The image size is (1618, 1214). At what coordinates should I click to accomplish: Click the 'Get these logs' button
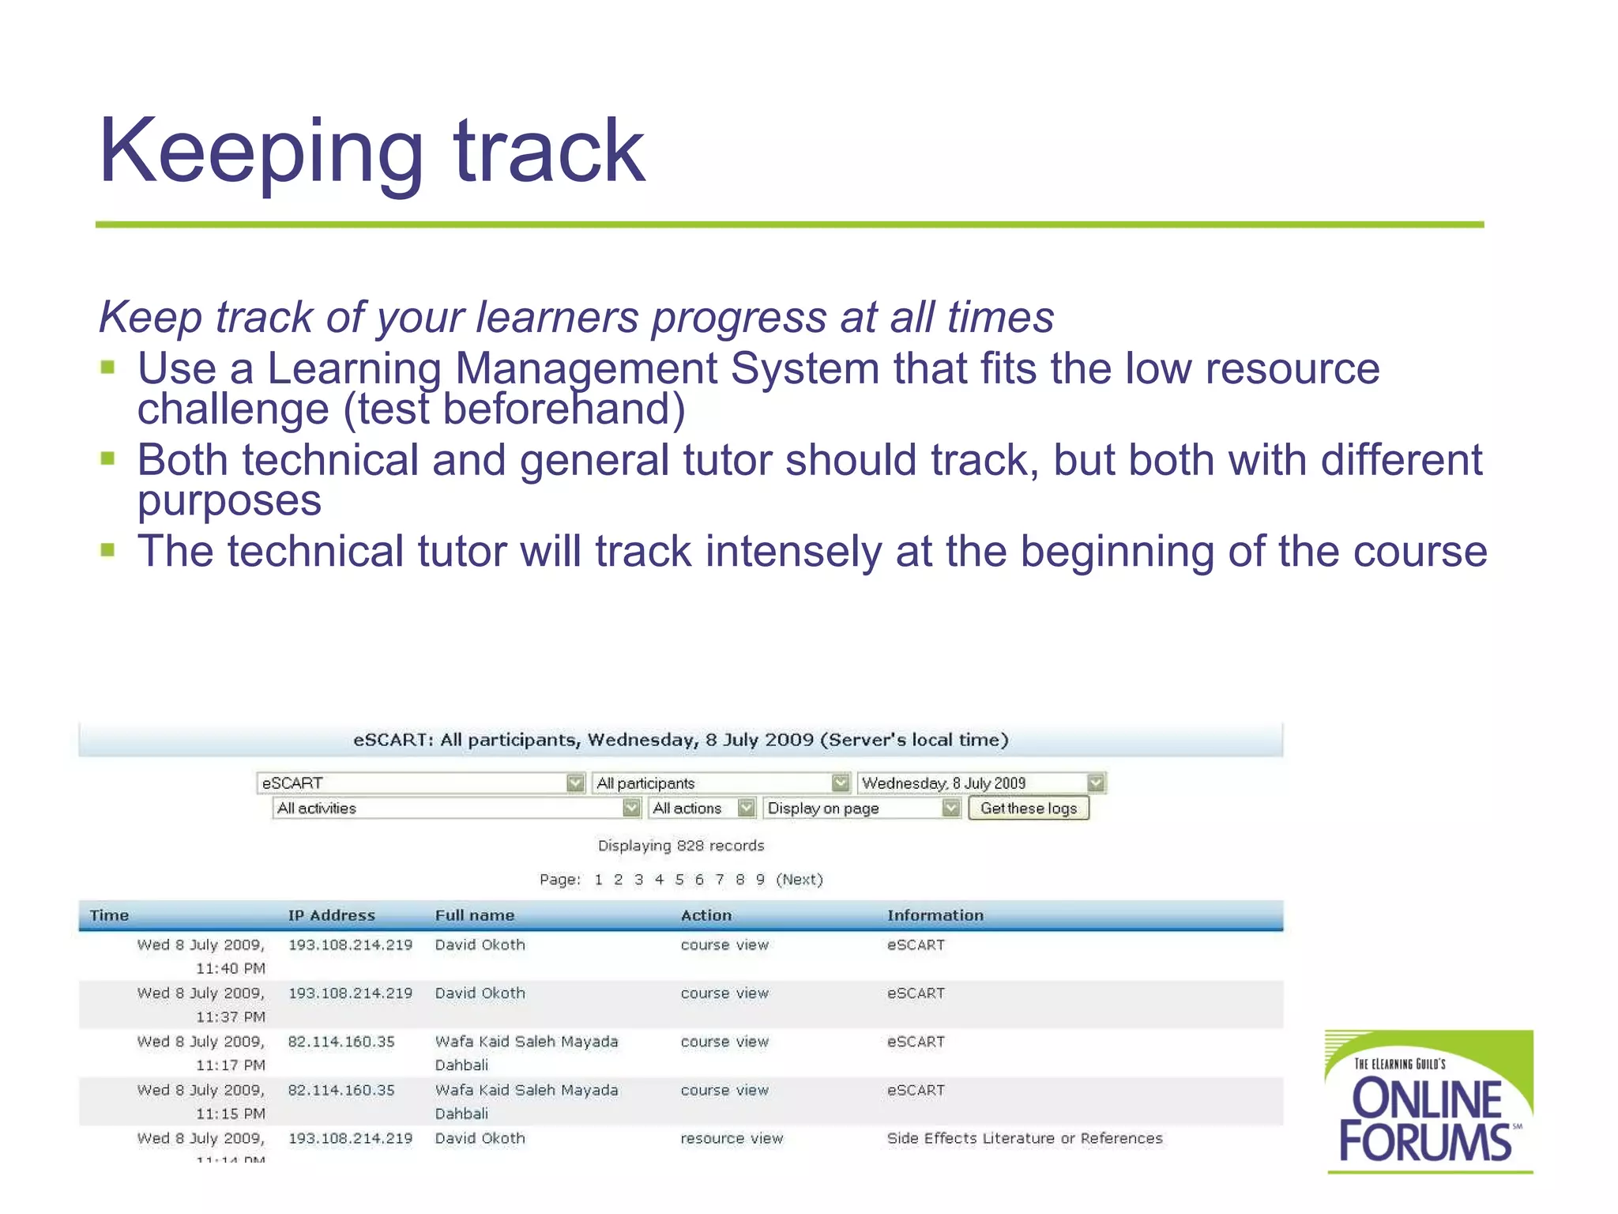tap(1028, 808)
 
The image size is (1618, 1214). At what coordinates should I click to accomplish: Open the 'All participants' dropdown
tap(721, 782)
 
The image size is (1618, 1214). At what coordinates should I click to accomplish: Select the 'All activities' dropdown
tap(456, 808)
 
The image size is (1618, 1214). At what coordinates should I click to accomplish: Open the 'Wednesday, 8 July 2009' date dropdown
tap(980, 782)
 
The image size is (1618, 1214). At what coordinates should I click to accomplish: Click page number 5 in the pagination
tap(679, 880)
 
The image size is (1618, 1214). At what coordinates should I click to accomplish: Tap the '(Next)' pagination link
tap(800, 880)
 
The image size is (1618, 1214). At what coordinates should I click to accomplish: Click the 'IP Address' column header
tap(331, 915)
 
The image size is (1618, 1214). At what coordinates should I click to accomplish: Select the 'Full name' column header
tap(474, 915)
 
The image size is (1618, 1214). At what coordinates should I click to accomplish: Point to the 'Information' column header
tap(935, 915)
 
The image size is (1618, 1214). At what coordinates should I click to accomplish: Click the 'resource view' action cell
tap(732, 1138)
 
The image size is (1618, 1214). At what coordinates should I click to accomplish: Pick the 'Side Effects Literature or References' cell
tap(1024, 1138)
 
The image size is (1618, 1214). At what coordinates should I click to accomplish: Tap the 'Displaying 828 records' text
tap(680, 846)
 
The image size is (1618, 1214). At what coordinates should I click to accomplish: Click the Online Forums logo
tap(1428, 1102)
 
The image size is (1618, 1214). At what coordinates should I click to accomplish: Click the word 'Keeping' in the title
tap(261, 152)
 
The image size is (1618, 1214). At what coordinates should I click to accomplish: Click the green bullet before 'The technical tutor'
tap(108, 549)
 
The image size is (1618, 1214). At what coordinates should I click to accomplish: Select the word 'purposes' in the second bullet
tap(229, 501)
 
